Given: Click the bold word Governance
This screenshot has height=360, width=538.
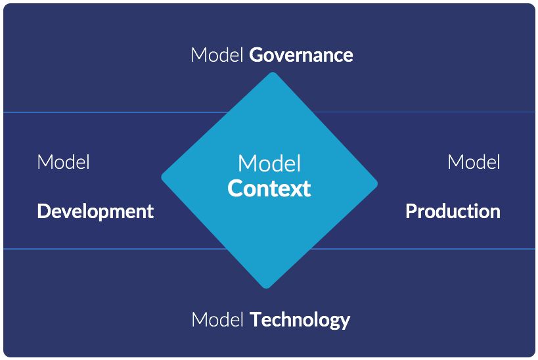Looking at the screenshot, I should (x=301, y=55).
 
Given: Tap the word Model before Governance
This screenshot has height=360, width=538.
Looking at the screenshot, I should (x=217, y=55).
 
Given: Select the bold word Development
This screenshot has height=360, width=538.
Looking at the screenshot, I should (x=95, y=212).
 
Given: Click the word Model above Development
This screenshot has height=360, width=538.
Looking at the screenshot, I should (x=63, y=162).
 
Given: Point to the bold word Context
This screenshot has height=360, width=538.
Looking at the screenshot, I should (x=269, y=189).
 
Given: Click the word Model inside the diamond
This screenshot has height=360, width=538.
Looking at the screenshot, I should (x=269, y=164).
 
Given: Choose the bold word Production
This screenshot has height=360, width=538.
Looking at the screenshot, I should (x=453, y=212).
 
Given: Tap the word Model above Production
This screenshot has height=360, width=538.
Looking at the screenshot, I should (x=474, y=162).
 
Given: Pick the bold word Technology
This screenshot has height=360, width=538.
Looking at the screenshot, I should (x=300, y=321).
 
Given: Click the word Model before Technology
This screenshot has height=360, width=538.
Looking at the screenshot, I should (x=218, y=321).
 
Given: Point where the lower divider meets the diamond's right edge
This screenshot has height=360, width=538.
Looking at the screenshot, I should (x=310, y=249).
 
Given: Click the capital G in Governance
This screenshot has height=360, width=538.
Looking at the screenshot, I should (x=256, y=55).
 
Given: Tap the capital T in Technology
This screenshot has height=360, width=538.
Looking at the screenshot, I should (x=256, y=320).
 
